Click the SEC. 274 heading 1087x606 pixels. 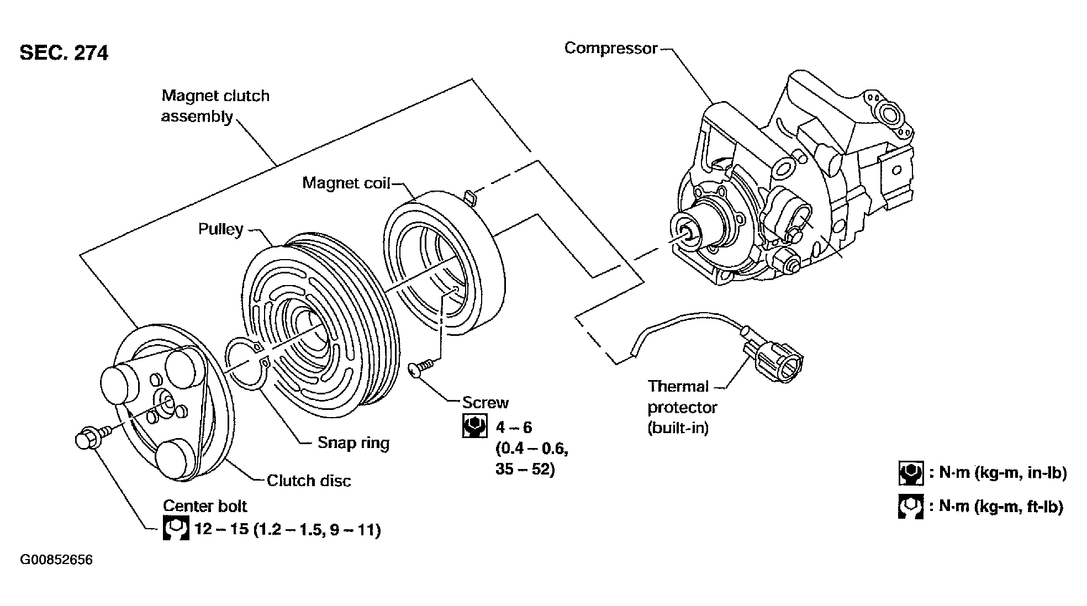[64, 53]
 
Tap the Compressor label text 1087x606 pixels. [611, 49]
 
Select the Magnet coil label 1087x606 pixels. [346, 183]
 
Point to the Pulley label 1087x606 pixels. [221, 229]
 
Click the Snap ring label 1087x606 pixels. [353, 442]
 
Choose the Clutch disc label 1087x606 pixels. [309, 481]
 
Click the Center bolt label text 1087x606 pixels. [205, 506]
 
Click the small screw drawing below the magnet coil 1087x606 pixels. [422, 367]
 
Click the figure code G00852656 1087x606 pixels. [56, 560]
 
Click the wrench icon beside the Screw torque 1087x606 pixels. [474, 426]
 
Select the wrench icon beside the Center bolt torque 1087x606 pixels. [176, 528]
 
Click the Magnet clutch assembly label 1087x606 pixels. [215, 106]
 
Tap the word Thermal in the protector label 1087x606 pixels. [678, 386]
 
